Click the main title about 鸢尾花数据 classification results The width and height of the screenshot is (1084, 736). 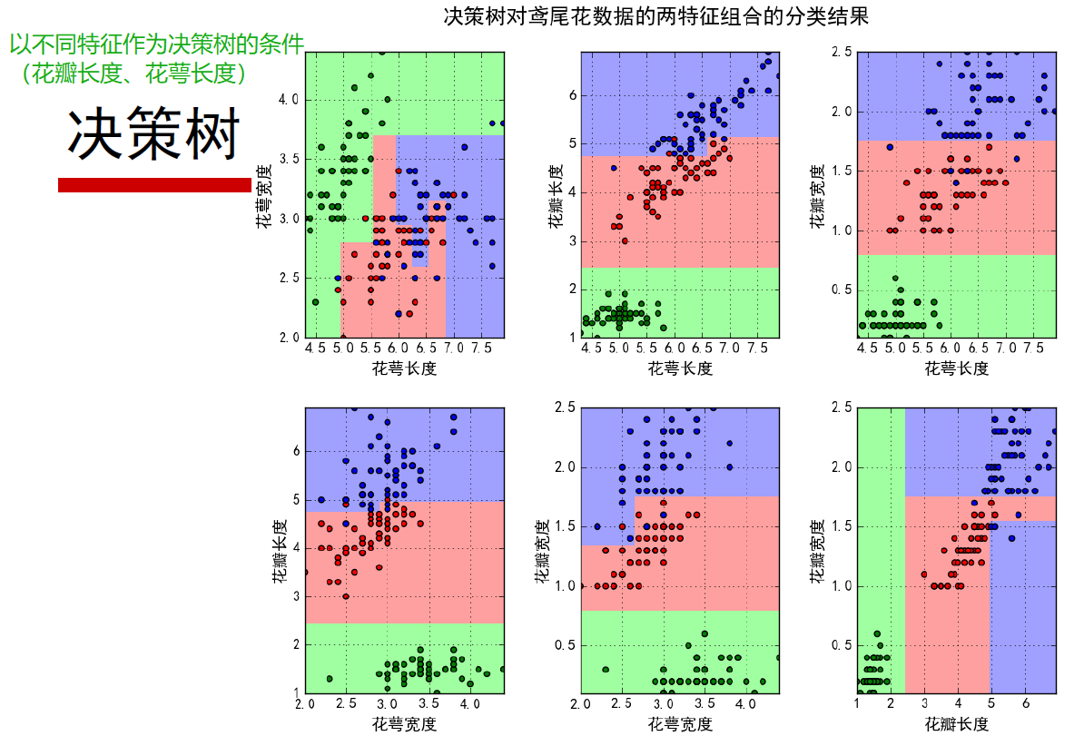coord(655,16)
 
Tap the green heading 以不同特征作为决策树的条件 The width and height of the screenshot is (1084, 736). coord(156,44)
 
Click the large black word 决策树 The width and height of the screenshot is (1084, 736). coord(153,135)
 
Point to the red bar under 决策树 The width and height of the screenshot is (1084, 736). coord(153,185)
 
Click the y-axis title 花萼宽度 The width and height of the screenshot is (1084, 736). coord(264,195)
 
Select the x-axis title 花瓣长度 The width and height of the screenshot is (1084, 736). coord(956,723)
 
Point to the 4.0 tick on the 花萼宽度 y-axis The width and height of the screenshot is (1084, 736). coord(288,99)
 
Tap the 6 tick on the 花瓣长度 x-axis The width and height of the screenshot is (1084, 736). coord(1025,704)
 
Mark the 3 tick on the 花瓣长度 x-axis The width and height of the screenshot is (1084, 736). coord(924,704)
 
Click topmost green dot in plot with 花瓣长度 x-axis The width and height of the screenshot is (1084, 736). coord(877,633)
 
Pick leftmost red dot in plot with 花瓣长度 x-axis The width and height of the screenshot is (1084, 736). coord(924,574)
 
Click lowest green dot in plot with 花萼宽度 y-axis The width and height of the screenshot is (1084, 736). coord(315,302)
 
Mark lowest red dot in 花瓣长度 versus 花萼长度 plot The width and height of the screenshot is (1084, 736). coord(625,240)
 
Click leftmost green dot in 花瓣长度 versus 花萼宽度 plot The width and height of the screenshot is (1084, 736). coord(329,679)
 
